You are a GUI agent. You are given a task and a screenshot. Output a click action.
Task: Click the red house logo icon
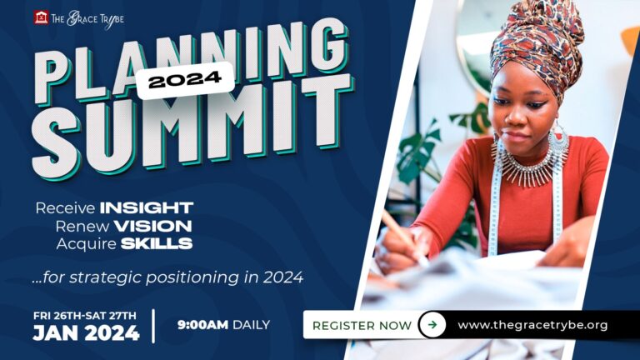click(41, 17)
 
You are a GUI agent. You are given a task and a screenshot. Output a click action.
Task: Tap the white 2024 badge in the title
click(185, 80)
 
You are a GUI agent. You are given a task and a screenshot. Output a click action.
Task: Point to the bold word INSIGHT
click(147, 207)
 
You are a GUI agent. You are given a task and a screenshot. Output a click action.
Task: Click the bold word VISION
click(152, 226)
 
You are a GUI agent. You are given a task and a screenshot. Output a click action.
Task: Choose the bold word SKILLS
click(157, 243)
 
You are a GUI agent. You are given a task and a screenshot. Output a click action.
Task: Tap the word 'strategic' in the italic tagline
click(105, 277)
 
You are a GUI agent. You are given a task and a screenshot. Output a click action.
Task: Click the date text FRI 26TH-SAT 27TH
click(85, 316)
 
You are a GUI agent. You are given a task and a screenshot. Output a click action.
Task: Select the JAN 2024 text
click(86, 333)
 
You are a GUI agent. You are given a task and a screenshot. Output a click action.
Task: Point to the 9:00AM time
click(202, 325)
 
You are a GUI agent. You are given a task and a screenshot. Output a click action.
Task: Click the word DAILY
click(251, 325)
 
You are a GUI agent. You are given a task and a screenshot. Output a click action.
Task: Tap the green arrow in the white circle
click(432, 325)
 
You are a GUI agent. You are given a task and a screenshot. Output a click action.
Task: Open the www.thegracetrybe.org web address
click(532, 325)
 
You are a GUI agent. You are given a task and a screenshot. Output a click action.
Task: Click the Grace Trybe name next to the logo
click(87, 19)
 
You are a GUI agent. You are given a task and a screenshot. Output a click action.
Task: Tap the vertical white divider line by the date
click(153, 326)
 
